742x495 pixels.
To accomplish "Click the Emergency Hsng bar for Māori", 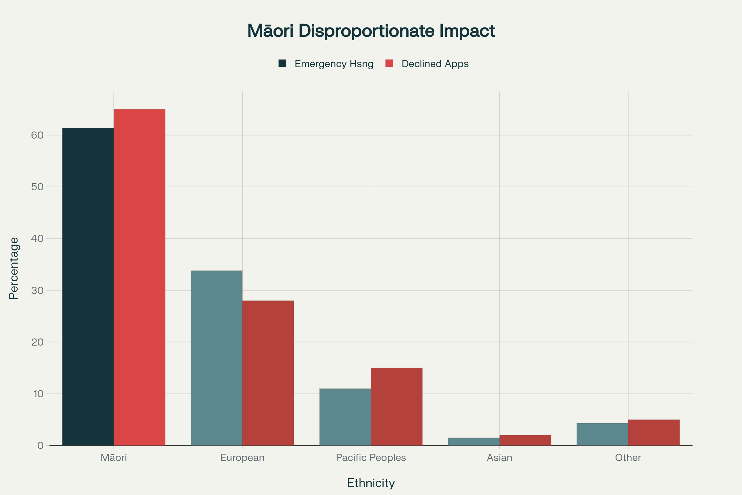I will (x=88, y=287).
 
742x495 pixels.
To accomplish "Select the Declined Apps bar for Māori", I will (x=139, y=277).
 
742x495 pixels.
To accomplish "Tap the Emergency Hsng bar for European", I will (x=216, y=358).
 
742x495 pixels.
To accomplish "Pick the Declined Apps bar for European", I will (x=268, y=373).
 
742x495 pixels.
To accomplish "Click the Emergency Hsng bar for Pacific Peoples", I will (x=345, y=417).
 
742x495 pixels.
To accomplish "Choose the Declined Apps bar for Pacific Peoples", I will (x=397, y=407).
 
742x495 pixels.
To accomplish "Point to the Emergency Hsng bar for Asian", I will (x=474, y=442).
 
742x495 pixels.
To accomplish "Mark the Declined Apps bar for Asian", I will (x=525, y=440).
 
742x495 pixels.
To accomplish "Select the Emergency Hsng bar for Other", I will (x=602, y=434).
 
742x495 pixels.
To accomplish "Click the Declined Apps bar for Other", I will (x=654, y=433).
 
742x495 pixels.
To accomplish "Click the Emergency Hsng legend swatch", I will (x=282, y=63).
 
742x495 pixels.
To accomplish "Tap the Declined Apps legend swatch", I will (x=389, y=63).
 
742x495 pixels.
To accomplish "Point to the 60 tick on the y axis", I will (x=37, y=135).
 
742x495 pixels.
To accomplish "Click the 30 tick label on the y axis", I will (x=37, y=291).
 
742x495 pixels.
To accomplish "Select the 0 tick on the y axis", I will (x=41, y=445).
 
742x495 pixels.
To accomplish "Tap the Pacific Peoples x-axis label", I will (x=371, y=458).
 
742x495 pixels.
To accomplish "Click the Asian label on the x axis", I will (x=499, y=458).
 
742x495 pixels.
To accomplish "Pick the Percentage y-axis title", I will (x=14, y=268).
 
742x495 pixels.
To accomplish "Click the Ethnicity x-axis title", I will (x=371, y=483).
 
